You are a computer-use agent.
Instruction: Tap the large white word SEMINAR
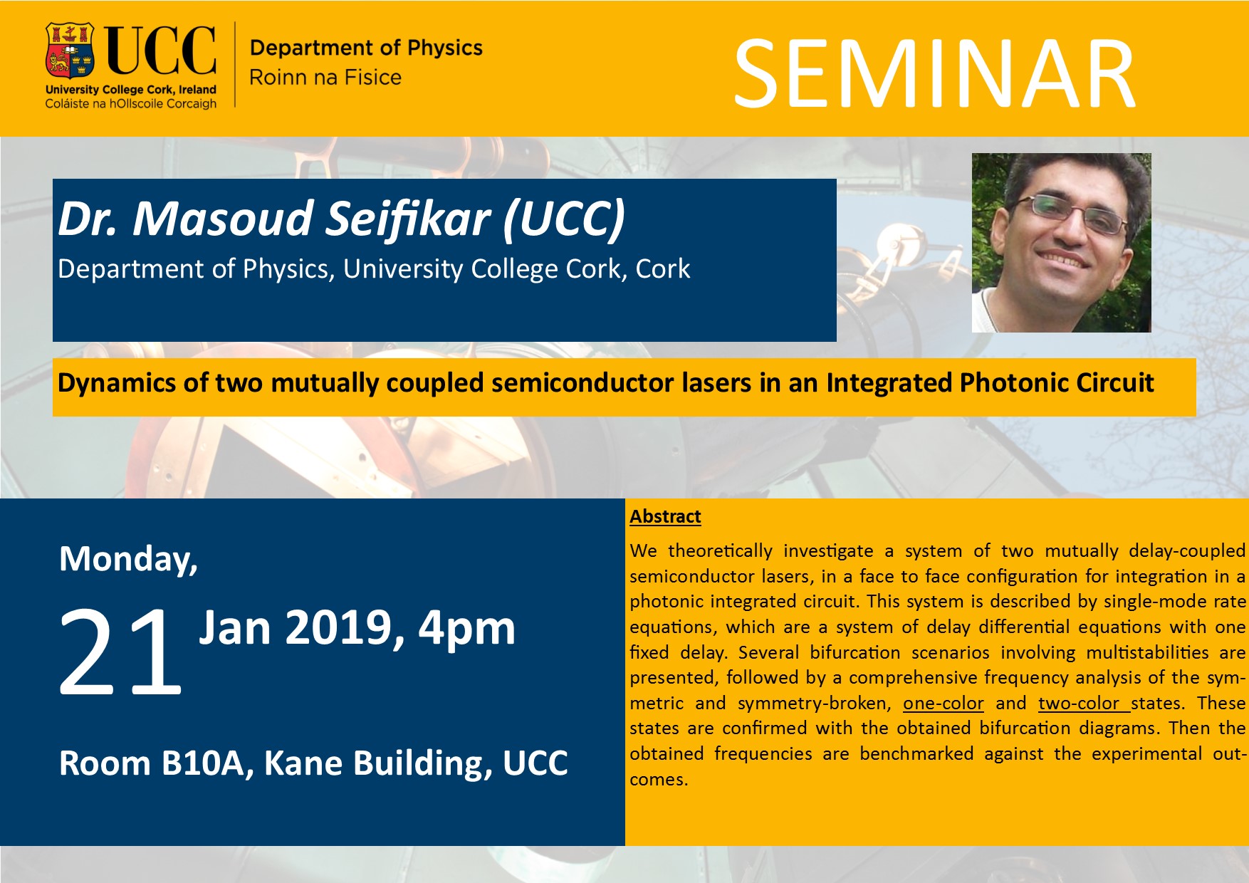point(935,75)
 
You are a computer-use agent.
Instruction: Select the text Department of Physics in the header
point(366,48)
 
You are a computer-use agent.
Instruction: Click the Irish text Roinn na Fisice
point(325,77)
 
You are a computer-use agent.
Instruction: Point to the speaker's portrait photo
point(1061,243)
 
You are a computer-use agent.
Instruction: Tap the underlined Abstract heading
point(665,516)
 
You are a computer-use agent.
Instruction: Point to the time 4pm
point(466,629)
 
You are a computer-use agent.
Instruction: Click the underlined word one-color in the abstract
point(944,704)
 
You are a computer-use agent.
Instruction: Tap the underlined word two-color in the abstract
point(1079,704)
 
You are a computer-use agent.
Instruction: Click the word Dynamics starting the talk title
point(117,383)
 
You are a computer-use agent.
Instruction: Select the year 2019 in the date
point(338,629)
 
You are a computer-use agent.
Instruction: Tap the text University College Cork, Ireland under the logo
point(131,90)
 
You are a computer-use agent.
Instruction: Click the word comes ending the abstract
point(659,780)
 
